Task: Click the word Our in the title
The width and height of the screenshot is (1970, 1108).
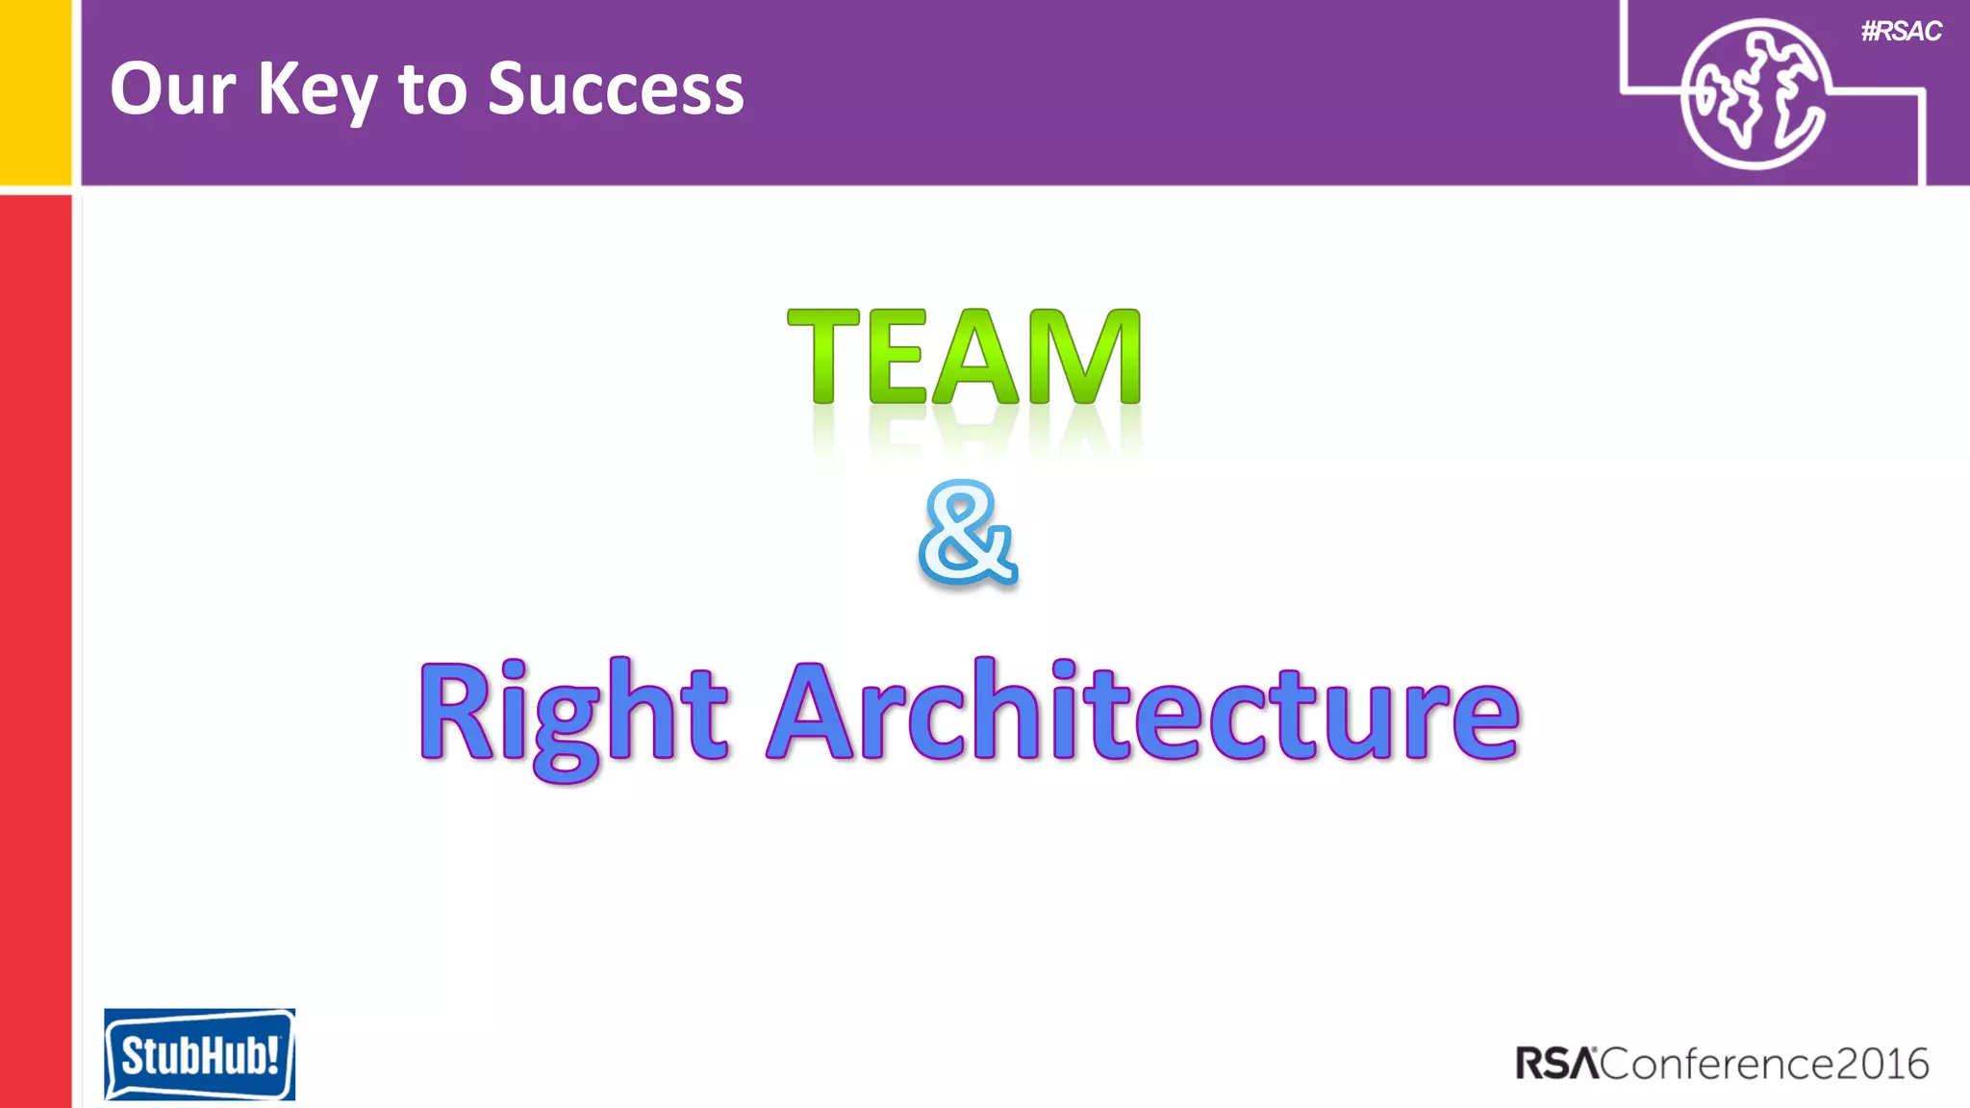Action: (x=172, y=88)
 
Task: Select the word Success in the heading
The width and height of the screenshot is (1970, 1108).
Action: (x=616, y=88)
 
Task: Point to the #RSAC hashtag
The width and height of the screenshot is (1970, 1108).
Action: (x=1901, y=32)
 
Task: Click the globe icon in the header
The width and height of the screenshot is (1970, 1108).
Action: (x=1754, y=93)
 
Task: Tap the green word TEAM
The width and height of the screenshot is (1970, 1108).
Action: (x=965, y=357)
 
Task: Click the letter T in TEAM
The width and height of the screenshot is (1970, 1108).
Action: (x=823, y=357)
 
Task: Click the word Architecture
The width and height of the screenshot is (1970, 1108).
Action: (x=1144, y=712)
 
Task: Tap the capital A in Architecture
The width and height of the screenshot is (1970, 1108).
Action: (x=813, y=712)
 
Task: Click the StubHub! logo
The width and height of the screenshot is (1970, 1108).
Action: (x=199, y=1054)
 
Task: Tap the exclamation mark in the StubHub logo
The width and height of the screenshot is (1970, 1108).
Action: (x=273, y=1053)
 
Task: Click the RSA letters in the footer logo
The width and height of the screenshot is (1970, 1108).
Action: (x=1556, y=1064)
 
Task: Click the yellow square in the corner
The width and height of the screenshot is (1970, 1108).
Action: (x=35, y=91)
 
